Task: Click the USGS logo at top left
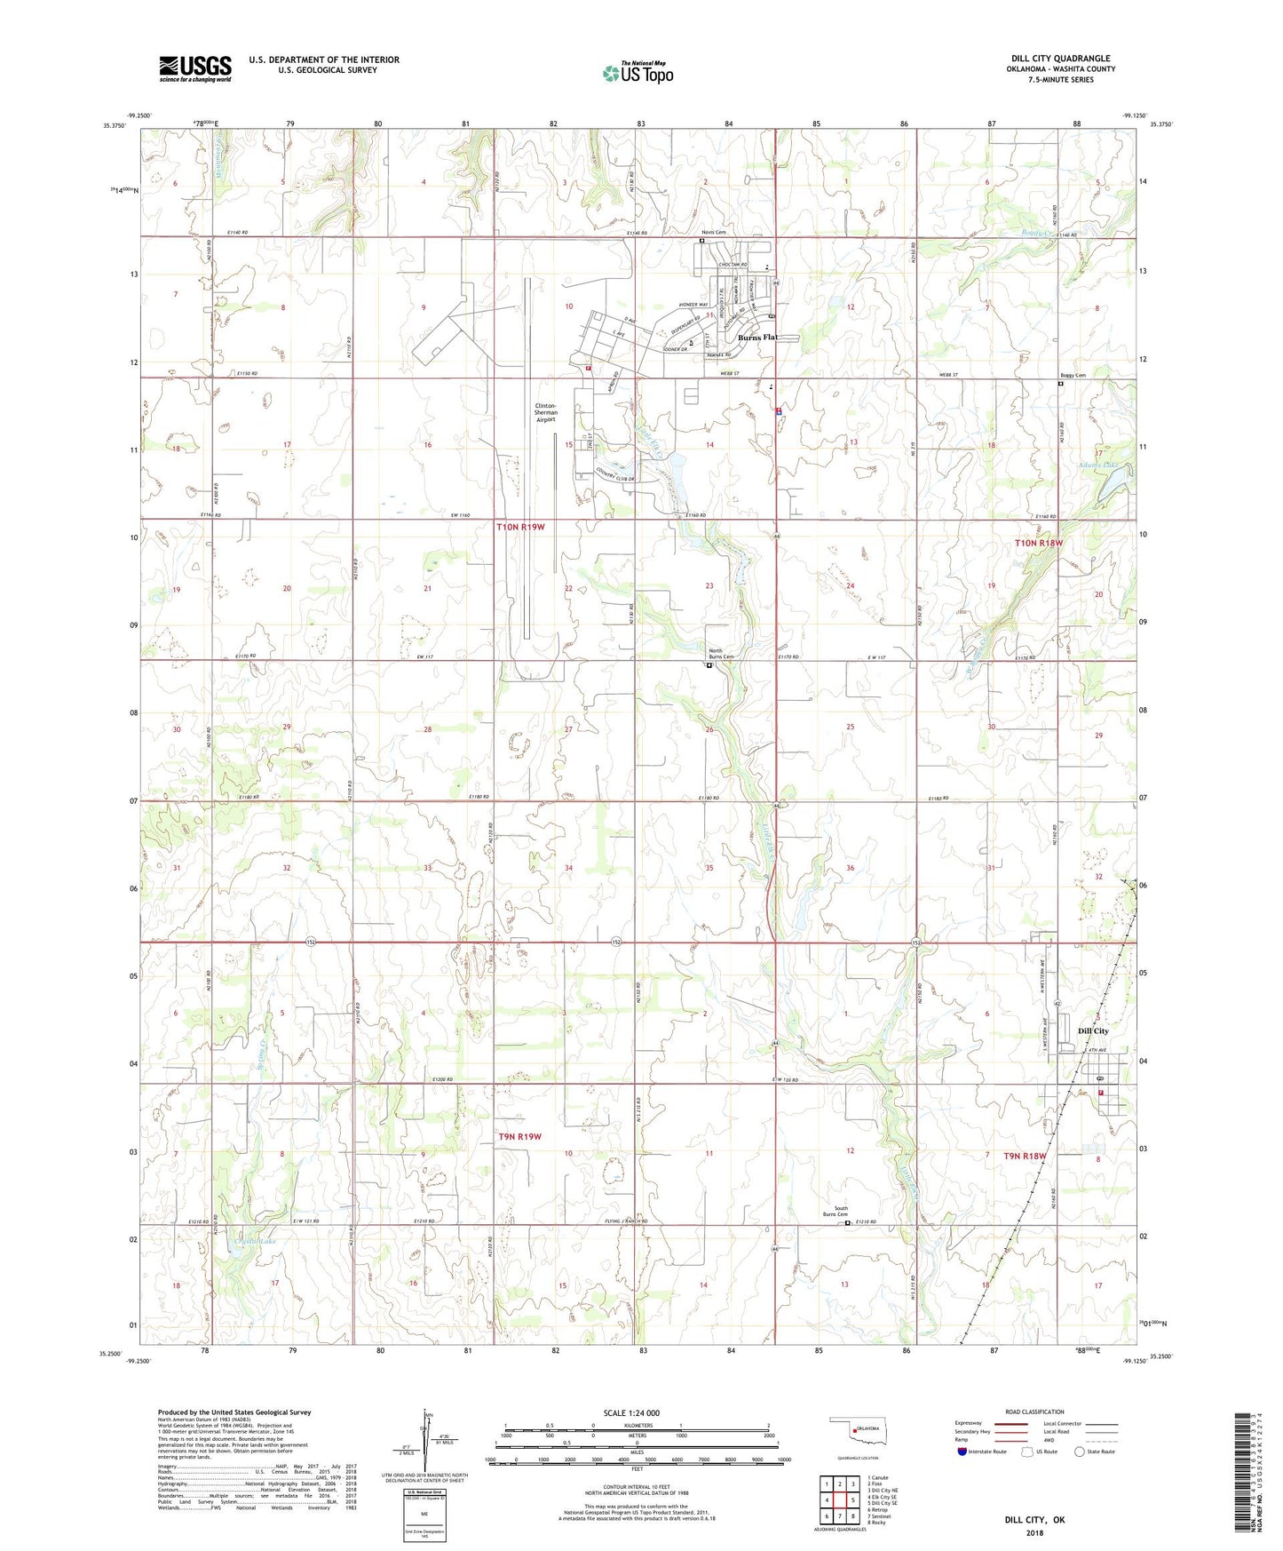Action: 195,68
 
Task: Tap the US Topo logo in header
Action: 637,73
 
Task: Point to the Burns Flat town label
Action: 757,338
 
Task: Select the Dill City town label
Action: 1093,1031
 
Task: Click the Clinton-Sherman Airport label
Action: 546,413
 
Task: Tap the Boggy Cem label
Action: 1073,376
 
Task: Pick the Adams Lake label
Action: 1099,465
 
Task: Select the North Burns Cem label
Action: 715,655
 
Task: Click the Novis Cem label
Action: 715,233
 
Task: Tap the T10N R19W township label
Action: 520,528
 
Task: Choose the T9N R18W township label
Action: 1026,1157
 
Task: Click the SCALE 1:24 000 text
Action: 631,1413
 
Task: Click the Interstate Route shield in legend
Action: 963,1452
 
